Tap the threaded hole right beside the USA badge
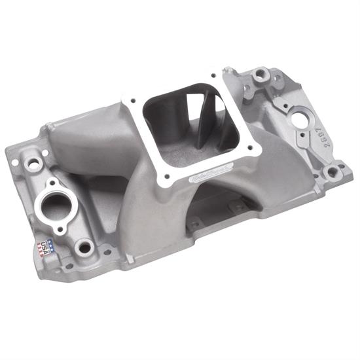83,247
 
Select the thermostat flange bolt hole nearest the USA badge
60,230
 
